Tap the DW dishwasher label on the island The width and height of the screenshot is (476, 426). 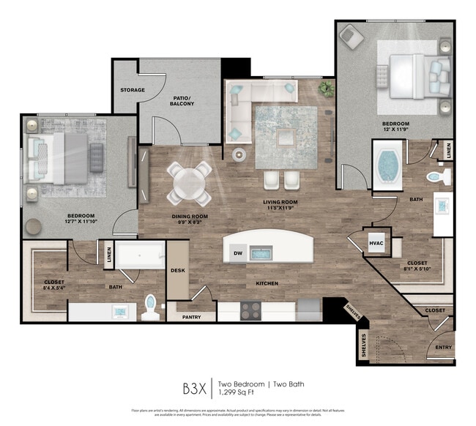point(237,254)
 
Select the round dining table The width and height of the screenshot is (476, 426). point(189,182)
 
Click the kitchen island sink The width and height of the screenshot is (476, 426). point(262,254)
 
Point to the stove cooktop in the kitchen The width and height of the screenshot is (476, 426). point(251,310)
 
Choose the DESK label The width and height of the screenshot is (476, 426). point(178,270)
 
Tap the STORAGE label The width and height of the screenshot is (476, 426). point(133,90)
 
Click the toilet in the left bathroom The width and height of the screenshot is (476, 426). point(152,308)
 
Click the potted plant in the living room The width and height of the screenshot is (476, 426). point(326,89)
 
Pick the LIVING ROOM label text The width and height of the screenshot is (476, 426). point(280,201)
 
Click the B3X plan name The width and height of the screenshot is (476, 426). point(196,386)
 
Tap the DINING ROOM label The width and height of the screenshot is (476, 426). point(190,216)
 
